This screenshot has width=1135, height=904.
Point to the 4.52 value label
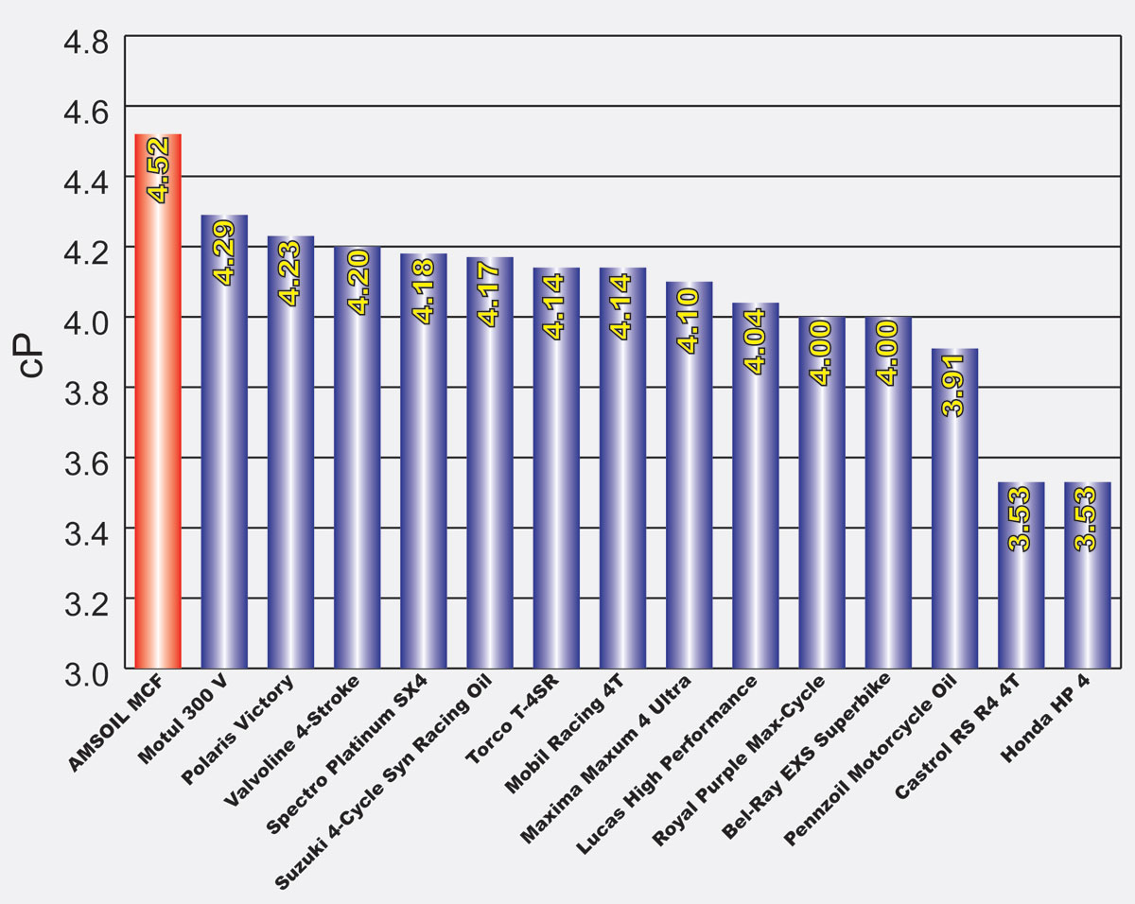coord(158,170)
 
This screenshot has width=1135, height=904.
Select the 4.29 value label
coord(224,251)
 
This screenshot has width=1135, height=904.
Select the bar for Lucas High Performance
coord(755,492)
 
